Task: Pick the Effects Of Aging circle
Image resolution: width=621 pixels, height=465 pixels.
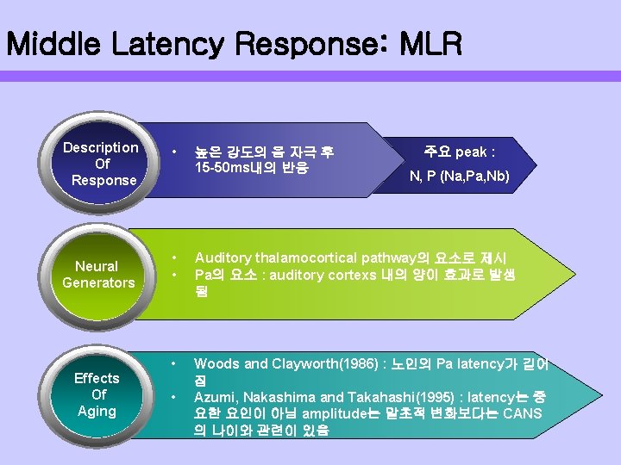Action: (x=97, y=394)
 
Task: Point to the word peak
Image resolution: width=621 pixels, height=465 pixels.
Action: (x=471, y=152)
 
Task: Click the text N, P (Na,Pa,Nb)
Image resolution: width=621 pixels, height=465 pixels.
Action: (x=459, y=177)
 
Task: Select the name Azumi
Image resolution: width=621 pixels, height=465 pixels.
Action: (x=214, y=397)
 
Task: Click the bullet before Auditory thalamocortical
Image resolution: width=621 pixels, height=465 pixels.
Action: (x=173, y=258)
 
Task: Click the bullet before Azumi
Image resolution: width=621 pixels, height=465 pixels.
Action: (x=173, y=397)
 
